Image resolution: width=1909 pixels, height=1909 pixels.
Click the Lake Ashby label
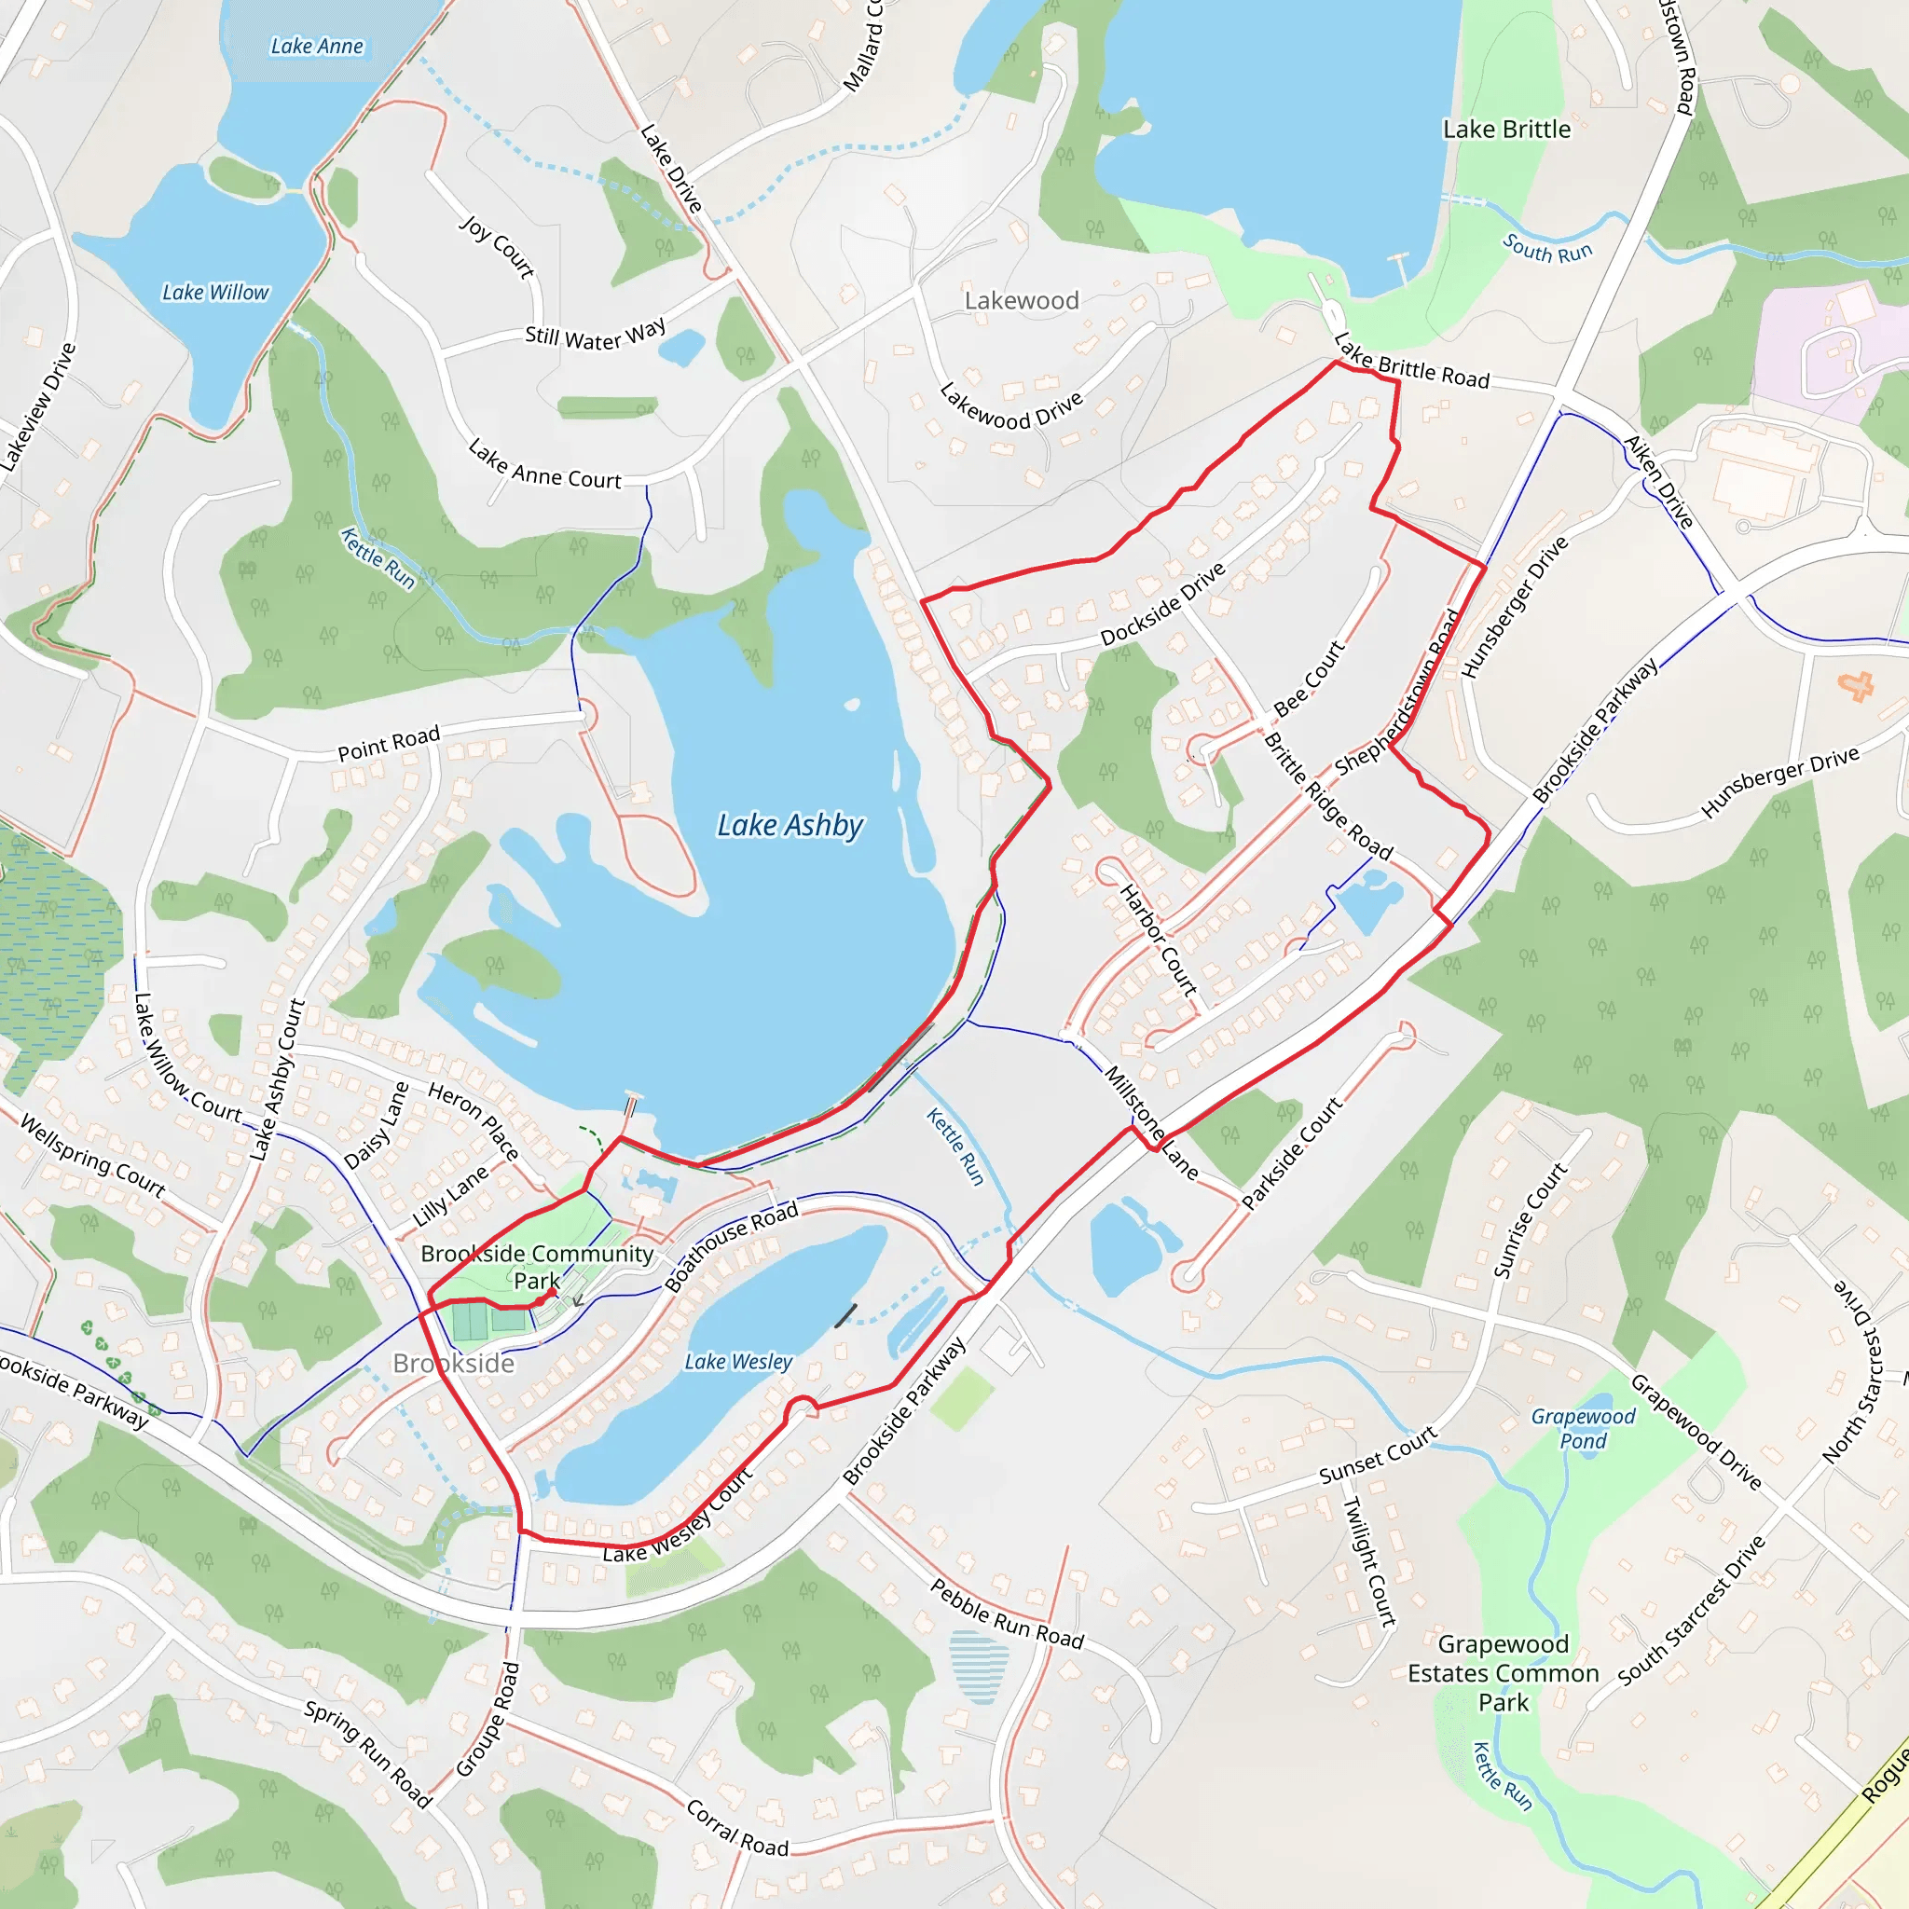pyautogui.click(x=790, y=825)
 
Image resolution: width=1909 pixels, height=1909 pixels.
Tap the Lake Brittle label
pyautogui.click(x=1506, y=130)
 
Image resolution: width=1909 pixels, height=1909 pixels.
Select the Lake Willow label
pyautogui.click(x=215, y=293)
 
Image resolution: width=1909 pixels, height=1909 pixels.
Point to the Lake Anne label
pyautogui.click(x=317, y=47)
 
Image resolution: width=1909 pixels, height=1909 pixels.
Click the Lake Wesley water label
pyautogui.click(x=738, y=1362)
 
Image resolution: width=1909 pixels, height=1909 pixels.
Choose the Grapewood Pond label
pyautogui.click(x=1583, y=1428)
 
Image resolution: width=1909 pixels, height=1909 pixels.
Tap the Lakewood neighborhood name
pyautogui.click(x=1022, y=300)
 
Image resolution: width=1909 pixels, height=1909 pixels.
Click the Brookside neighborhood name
pyautogui.click(x=454, y=1364)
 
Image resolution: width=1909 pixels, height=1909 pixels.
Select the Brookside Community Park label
pyautogui.click(x=537, y=1267)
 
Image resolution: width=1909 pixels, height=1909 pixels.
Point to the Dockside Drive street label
pyautogui.click(x=1163, y=604)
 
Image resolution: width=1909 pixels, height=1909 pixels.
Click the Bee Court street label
pyautogui.click(x=1310, y=678)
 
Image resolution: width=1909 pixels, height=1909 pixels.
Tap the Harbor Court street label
pyautogui.click(x=1158, y=940)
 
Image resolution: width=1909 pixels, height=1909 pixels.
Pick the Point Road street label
pyautogui.click(x=389, y=744)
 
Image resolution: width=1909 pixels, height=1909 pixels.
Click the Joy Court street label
pyautogui.click(x=497, y=247)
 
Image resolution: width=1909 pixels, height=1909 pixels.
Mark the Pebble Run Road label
pyautogui.click(x=1007, y=1614)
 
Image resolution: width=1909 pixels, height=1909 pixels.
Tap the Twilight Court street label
pyautogui.click(x=1368, y=1561)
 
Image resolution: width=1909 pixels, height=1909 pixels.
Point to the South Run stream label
pyautogui.click(x=1547, y=248)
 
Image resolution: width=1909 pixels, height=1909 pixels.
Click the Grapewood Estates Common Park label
pyautogui.click(x=1503, y=1673)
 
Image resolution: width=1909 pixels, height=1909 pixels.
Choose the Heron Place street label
pyautogui.click(x=474, y=1120)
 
